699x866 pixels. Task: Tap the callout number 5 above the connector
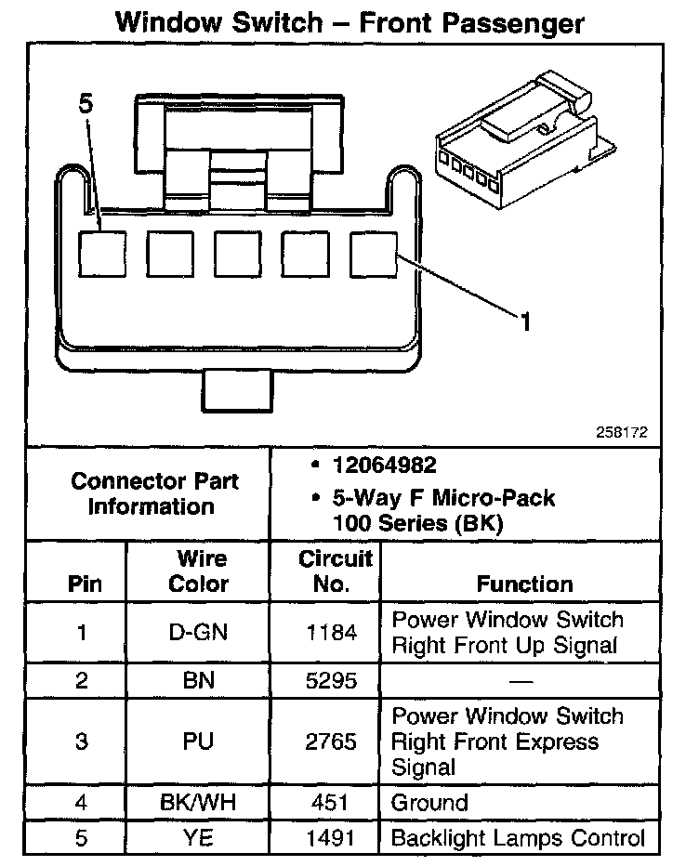(86, 104)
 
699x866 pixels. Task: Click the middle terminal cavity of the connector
(236, 251)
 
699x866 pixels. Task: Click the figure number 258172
(622, 432)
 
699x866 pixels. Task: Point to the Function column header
(524, 584)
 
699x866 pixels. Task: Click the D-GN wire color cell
(199, 633)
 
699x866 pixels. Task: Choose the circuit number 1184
(332, 633)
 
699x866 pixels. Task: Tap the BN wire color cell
(199, 680)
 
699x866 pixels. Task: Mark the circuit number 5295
(332, 680)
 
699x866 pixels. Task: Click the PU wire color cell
(199, 741)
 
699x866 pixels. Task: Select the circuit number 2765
(332, 741)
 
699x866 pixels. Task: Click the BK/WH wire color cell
(199, 803)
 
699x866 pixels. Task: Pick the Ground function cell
(429, 803)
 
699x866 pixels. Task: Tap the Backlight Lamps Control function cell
(518, 838)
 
